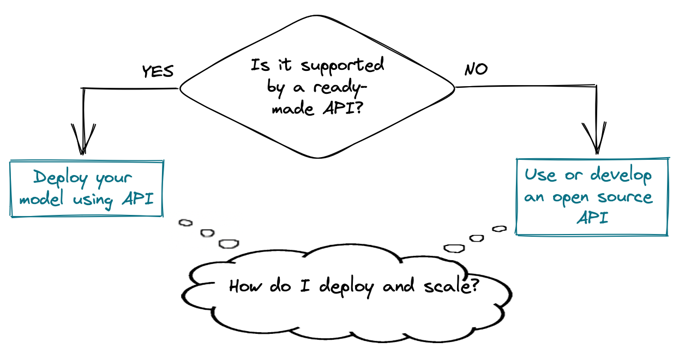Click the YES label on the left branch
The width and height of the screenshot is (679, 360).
click(x=158, y=71)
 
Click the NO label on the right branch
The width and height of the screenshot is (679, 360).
click(x=476, y=70)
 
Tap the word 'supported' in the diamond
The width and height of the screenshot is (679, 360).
click(x=343, y=65)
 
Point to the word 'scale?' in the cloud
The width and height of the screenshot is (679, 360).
click(x=453, y=285)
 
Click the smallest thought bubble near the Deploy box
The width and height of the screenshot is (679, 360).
click(x=186, y=223)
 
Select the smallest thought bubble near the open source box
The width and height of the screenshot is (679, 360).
click(x=499, y=229)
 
